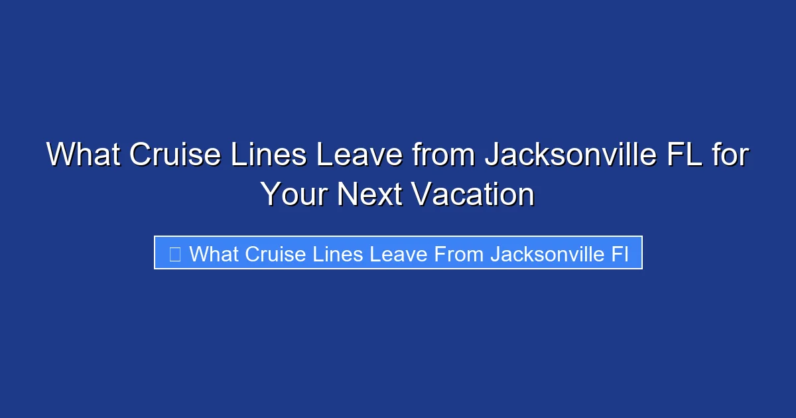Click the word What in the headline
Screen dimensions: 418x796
pyautogui.click(x=82, y=155)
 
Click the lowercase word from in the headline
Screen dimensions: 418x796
pyautogui.click(x=444, y=155)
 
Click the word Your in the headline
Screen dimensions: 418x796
pyautogui.click(x=294, y=194)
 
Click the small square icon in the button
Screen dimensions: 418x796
pyautogui.click(x=175, y=253)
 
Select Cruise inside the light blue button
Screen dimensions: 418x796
pyautogui.click(x=274, y=253)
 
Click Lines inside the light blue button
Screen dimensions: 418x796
pyautogui.click(x=334, y=253)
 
